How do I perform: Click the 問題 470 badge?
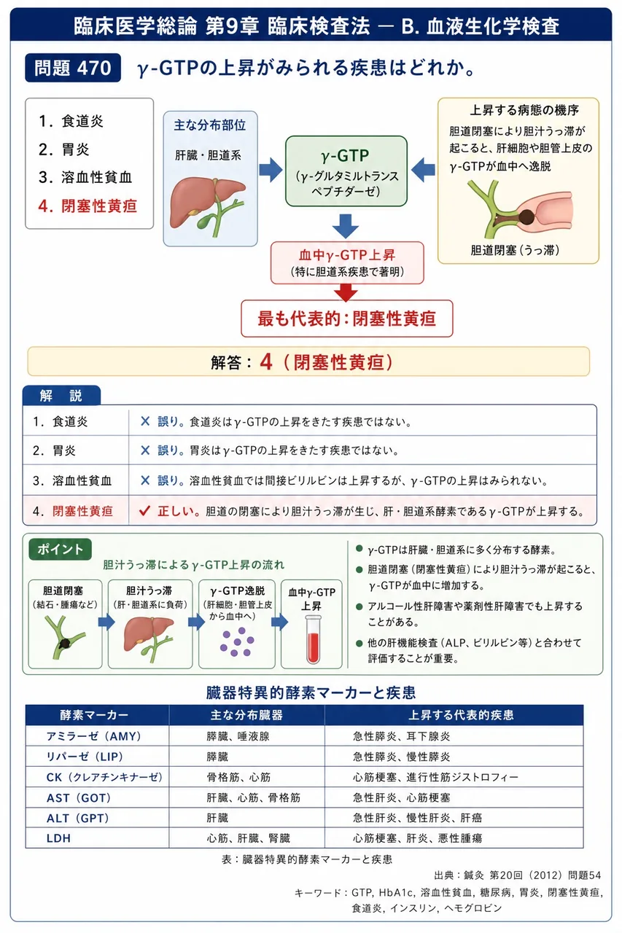[73, 68]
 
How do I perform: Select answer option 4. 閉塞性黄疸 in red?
[88, 206]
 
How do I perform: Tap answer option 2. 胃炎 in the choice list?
[64, 149]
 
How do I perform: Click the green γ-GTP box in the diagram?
[346, 171]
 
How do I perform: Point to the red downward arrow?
[346, 292]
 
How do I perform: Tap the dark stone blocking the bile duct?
[526, 216]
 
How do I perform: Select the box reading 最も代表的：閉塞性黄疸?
[346, 319]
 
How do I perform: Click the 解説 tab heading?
[61, 395]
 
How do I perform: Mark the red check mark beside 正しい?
[144, 511]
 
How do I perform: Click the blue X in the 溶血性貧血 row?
[145, 480]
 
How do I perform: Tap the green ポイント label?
[61, 550]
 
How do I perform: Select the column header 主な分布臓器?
[246, 715]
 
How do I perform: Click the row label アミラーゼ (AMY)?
[94, 736]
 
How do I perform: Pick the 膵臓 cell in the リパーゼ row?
[217, 757]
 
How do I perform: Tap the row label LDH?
[58, 838]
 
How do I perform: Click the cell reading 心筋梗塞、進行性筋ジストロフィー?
[435, 777]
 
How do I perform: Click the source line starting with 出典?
[517, 875]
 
